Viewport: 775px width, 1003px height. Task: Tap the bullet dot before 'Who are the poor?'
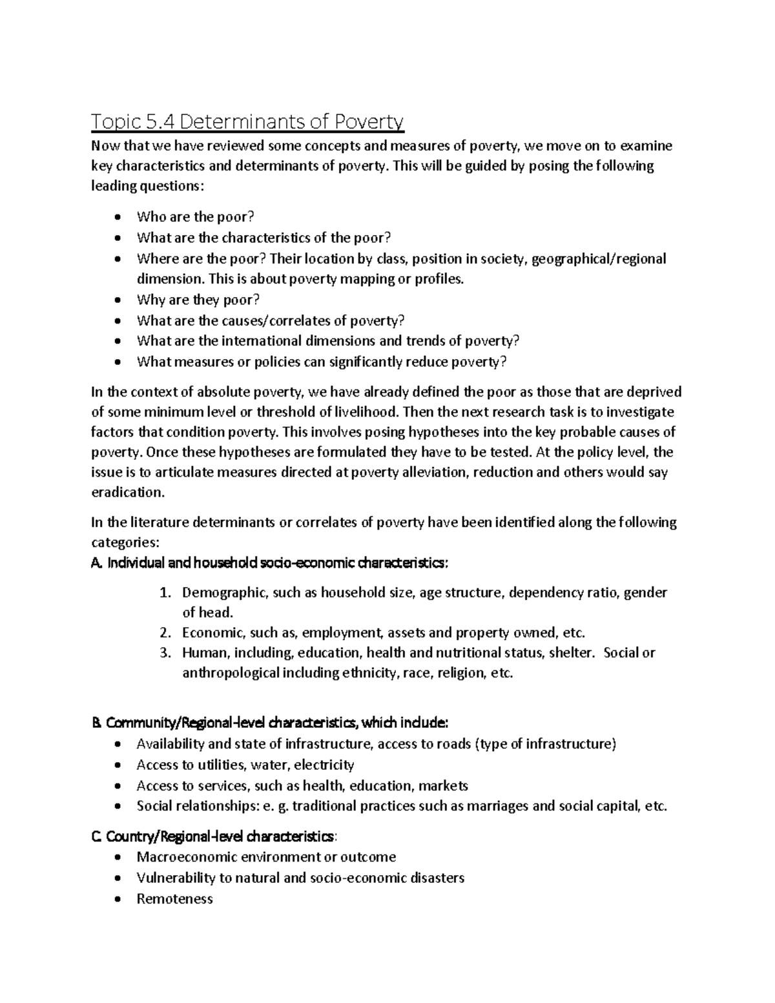tap(117, 218)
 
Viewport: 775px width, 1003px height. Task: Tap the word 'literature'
tap(158, 522)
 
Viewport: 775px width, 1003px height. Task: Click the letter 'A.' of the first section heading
tap(98, 563)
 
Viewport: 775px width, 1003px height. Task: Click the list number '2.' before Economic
tap(165, 632)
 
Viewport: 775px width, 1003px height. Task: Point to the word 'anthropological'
tap(231, 673)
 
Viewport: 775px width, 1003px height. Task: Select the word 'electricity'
tap(324, 765)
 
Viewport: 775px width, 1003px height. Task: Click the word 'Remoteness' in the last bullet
tap(174, 898)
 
